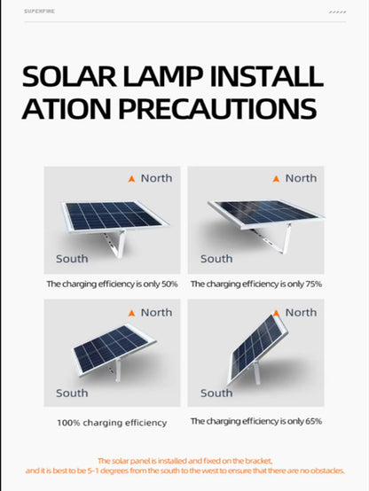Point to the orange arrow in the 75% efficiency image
pos(276,178)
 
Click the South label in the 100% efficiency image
pos(72,393)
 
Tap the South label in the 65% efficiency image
pos(216,393)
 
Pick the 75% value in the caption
pos(313,284)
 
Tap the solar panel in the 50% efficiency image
pos(109,215)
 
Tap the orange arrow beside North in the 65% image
pos(276,313)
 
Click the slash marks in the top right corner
pos(337,12)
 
